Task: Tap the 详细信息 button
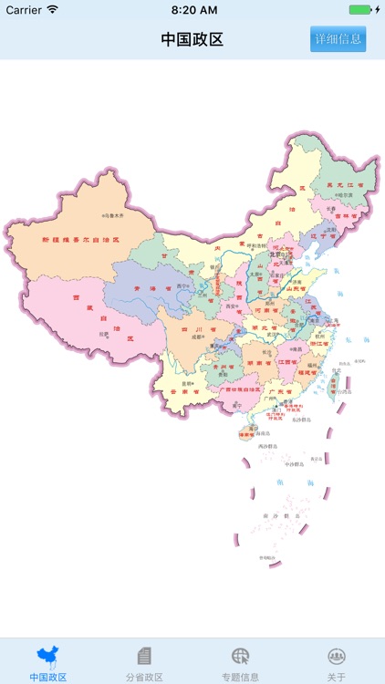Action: tap(338, 39)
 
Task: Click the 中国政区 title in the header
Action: tap(192, 39)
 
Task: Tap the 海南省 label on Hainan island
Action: tap(246, 435)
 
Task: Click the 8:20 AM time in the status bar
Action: tap(192, 9)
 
